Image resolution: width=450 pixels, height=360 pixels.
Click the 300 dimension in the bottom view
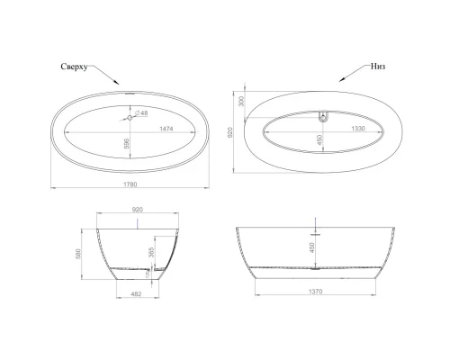[240, 102]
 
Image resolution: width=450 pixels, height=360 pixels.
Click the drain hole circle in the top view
[130, 116]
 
